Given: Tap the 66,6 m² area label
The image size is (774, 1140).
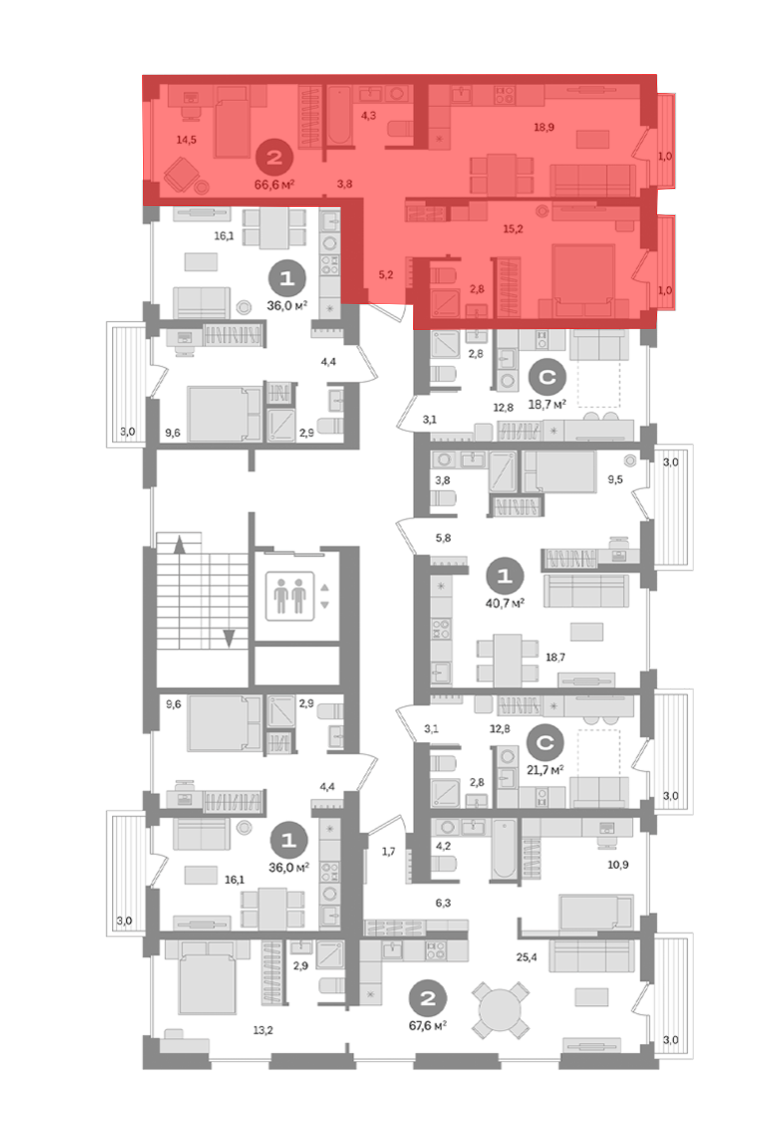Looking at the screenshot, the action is click(274, 184).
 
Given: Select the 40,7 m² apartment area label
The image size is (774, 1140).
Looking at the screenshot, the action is click(505, 603).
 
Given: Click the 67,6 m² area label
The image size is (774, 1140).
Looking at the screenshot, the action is click(428, 1025).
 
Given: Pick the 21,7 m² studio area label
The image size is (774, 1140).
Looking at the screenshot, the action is click(545, 770).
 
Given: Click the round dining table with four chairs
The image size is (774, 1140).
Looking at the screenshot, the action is click(500, 1010).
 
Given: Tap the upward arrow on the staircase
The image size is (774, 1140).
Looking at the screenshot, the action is click(180, 544).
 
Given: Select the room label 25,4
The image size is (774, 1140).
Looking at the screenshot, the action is click(526, 957).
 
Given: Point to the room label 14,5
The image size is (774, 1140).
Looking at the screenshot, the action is click(187, 140).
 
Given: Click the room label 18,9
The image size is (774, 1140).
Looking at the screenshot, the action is click(544, 127).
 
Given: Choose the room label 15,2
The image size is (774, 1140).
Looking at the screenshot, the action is click(513, 229).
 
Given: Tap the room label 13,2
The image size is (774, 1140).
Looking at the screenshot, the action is click(263, 1030).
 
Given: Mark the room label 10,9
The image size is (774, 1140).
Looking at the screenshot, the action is click(618, 865).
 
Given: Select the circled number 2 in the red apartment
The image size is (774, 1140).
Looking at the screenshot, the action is click(274, 157).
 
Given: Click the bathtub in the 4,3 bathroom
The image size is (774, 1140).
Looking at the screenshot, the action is click(339, 115).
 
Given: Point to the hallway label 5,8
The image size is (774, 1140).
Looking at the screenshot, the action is click(443, 538).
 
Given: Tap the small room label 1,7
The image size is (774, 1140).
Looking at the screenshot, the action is click(388, 852).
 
